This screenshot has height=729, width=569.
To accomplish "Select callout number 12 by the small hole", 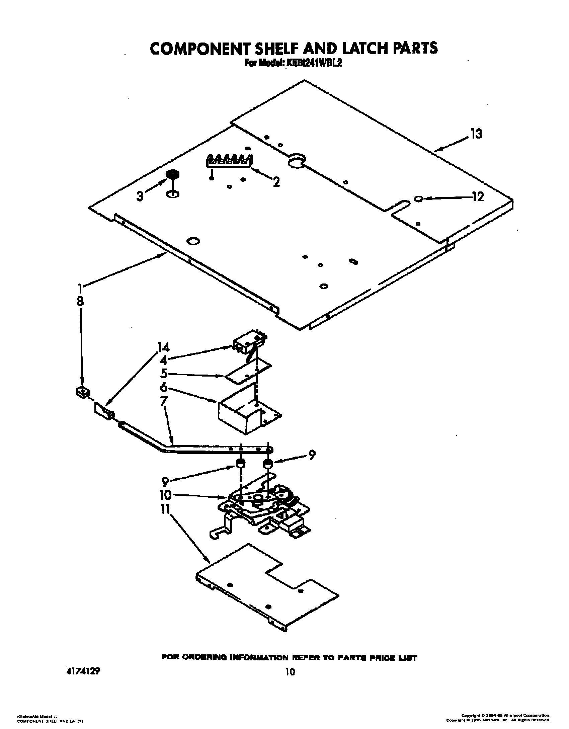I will click(478, 197).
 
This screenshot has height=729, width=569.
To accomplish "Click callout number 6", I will click(164, 388).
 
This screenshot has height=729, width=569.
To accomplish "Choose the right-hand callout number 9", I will click(312, 456).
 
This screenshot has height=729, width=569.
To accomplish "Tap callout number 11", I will click(166, 509).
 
